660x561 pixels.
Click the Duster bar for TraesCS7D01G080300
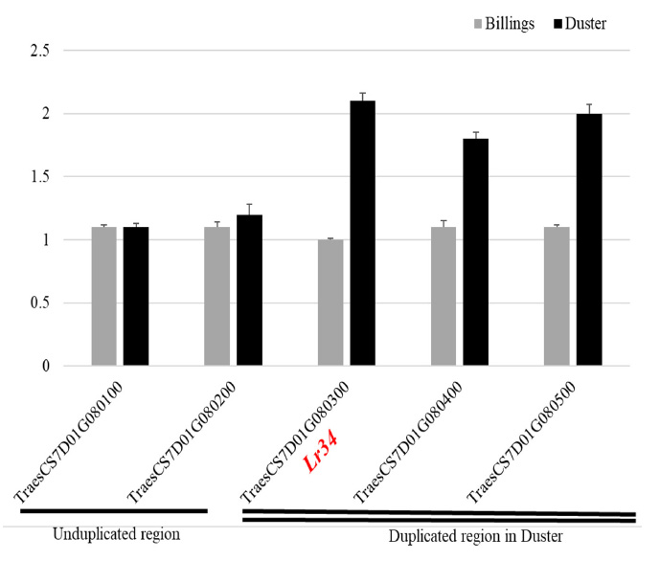pos(362,233)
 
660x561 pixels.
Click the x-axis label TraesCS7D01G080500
pos(522,443)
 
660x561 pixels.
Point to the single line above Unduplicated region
pos(113,511)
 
